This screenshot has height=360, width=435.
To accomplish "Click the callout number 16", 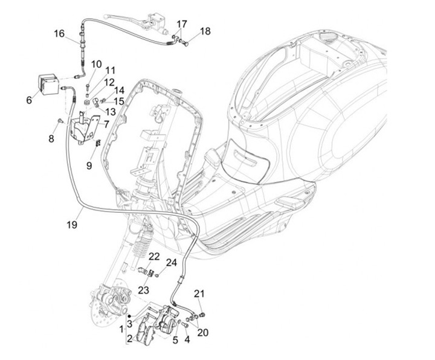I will click(x=59, y=34).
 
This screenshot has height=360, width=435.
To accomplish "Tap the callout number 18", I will click(x=205, y=31).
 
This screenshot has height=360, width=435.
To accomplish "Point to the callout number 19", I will click(x=72, y=225).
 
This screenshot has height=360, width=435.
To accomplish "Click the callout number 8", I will click(x=51, y=138).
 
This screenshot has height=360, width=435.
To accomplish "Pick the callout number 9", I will click(x=89, y=164).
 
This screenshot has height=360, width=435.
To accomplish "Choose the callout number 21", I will click(x=199, y=294).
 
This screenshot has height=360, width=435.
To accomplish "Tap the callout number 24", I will click(x=172, y=263).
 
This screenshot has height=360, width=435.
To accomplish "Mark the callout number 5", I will click(x=175, y=340).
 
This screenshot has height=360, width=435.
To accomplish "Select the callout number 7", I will click(x=106, y=124).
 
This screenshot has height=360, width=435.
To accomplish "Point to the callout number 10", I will click(x=97, y=64).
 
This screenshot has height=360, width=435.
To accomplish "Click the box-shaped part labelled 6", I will click(x=48, y=82).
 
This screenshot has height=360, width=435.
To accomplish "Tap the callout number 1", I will click(x=121, y=330).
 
